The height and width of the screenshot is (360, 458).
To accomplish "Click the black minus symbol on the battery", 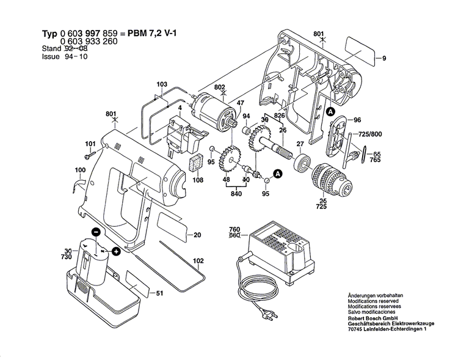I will click(95, 232).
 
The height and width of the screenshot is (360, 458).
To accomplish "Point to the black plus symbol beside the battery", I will click(116, 250).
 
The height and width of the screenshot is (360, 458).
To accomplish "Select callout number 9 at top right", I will click(384, 58).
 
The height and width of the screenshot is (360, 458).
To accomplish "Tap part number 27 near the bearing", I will click(300, 145).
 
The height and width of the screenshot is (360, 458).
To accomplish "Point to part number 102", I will click(198, 261).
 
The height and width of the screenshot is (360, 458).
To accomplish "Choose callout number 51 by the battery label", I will click(160, 295).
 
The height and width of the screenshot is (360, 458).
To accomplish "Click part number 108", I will click(198, 180).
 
